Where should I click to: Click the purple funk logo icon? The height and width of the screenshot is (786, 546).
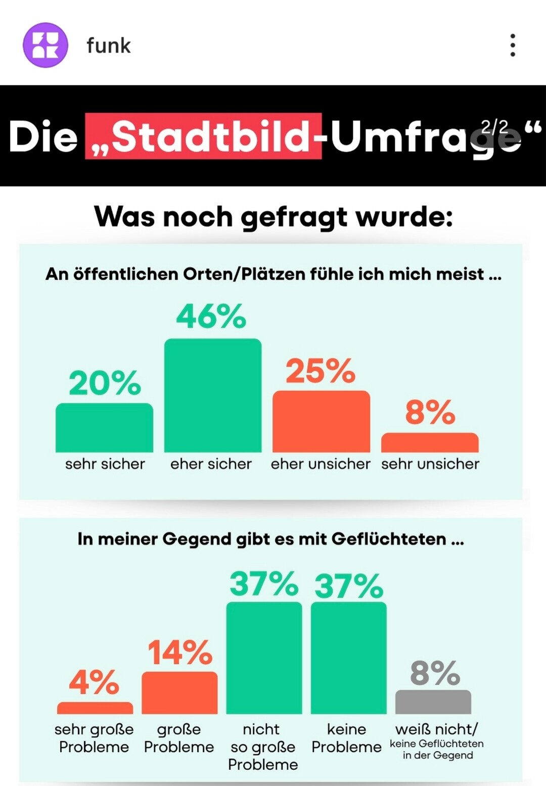(x=45, y=45)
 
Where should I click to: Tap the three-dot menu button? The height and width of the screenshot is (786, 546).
(x=513, y=45)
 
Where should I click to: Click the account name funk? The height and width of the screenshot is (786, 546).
(x=109, y=45)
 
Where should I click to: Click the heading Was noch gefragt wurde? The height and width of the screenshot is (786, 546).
(x=273, y=217)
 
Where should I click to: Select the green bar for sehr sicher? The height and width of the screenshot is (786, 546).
(x=104, y=428)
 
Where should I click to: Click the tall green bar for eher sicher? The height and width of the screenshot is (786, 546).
(x=213, y=395)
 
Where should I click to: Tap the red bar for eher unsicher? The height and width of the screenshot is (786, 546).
(x=321, y=422)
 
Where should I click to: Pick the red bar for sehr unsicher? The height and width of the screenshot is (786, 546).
(x=430, y=442)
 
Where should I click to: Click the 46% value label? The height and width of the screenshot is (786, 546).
(x=211, y=316)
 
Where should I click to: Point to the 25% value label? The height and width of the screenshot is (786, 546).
(x=321, y=371)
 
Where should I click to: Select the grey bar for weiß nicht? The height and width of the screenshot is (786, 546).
(x=433, y=702)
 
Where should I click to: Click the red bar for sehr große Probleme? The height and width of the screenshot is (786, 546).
(x=95, y=708)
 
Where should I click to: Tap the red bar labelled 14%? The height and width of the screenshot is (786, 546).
(x=179, y=692)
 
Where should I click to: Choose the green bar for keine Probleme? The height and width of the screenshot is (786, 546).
(x=348, y=658)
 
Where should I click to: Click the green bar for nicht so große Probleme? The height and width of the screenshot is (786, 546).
(x=264, y=658)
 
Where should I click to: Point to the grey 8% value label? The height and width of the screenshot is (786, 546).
(x=435, y=673)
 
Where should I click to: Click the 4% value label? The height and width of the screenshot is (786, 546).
(x=94, y=682)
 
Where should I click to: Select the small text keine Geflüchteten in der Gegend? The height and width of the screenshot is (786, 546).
(x=437, y=750)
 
